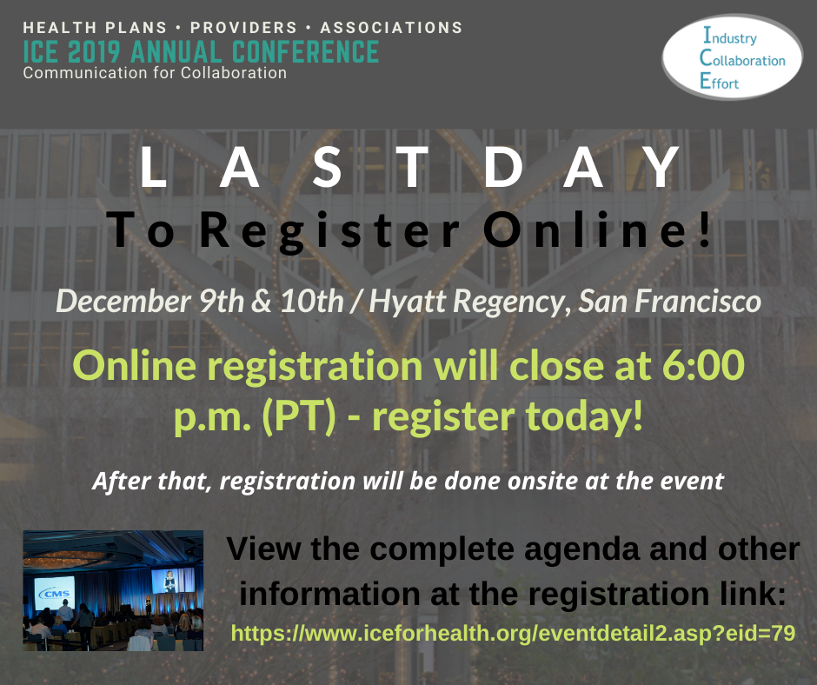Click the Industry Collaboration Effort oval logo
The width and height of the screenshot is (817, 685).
click(732, 57)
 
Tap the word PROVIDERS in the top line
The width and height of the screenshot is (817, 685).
click(243, 28)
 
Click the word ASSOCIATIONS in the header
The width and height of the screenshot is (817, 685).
click(391, 28)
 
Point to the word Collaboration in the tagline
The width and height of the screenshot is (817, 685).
click(234, 73)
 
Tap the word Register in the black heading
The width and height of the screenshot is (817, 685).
click(329, 230)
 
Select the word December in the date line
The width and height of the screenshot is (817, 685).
click(123, 302)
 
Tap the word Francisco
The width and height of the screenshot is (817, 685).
click(698, 302)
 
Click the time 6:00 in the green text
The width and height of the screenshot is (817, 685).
click(703, 365)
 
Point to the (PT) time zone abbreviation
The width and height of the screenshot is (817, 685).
click(299, 417)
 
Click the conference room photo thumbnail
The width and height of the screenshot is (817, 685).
click(113, 590)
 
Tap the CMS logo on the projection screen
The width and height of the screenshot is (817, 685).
click(55, 593)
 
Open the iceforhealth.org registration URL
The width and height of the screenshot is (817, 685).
click(513, 634)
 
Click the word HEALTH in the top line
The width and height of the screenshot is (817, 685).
click(60, 28)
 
